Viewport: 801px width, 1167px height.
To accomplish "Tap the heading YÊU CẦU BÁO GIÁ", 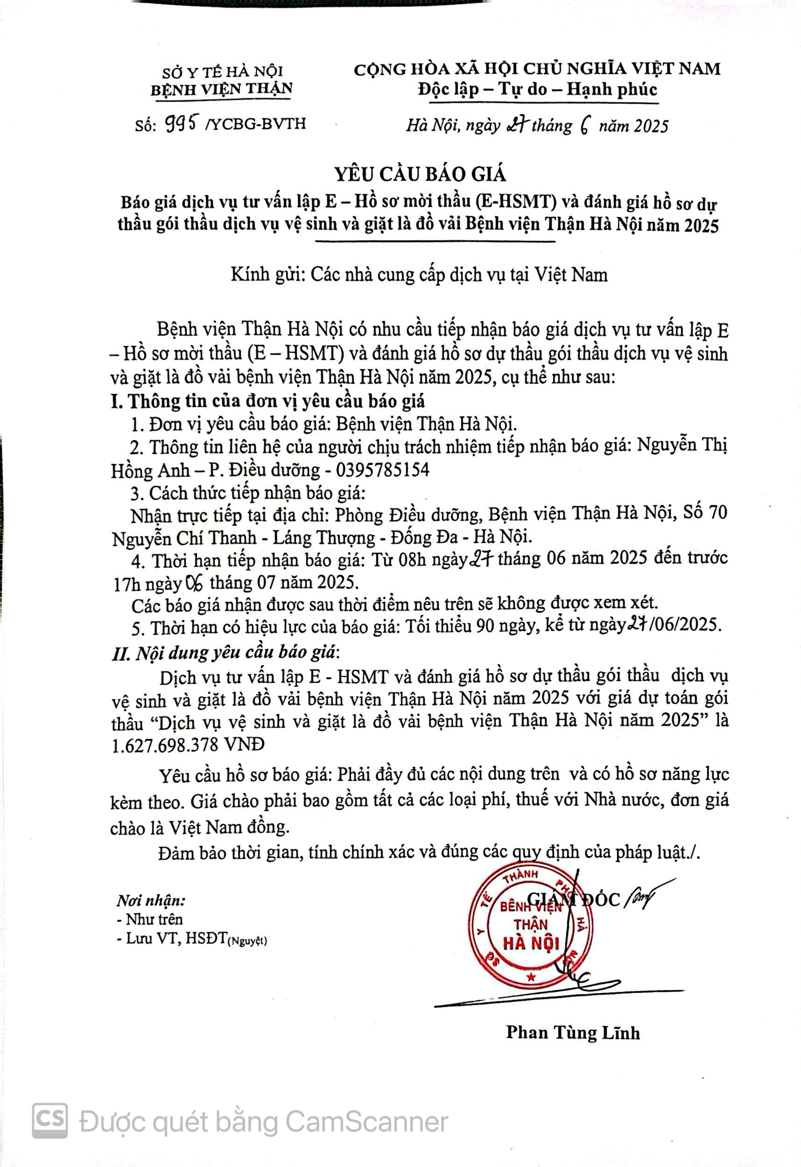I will pos(420,174).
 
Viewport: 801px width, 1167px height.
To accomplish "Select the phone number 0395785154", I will pos(383,470).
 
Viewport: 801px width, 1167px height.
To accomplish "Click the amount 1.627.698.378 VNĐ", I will pos(187,744).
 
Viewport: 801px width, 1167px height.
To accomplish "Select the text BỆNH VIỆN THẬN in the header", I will pos(221,89).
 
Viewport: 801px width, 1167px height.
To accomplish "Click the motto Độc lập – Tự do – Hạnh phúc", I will pos(537,89).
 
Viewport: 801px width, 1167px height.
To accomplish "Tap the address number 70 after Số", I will pos(717,513).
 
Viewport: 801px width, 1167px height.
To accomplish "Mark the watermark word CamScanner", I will pos(366,1121).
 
